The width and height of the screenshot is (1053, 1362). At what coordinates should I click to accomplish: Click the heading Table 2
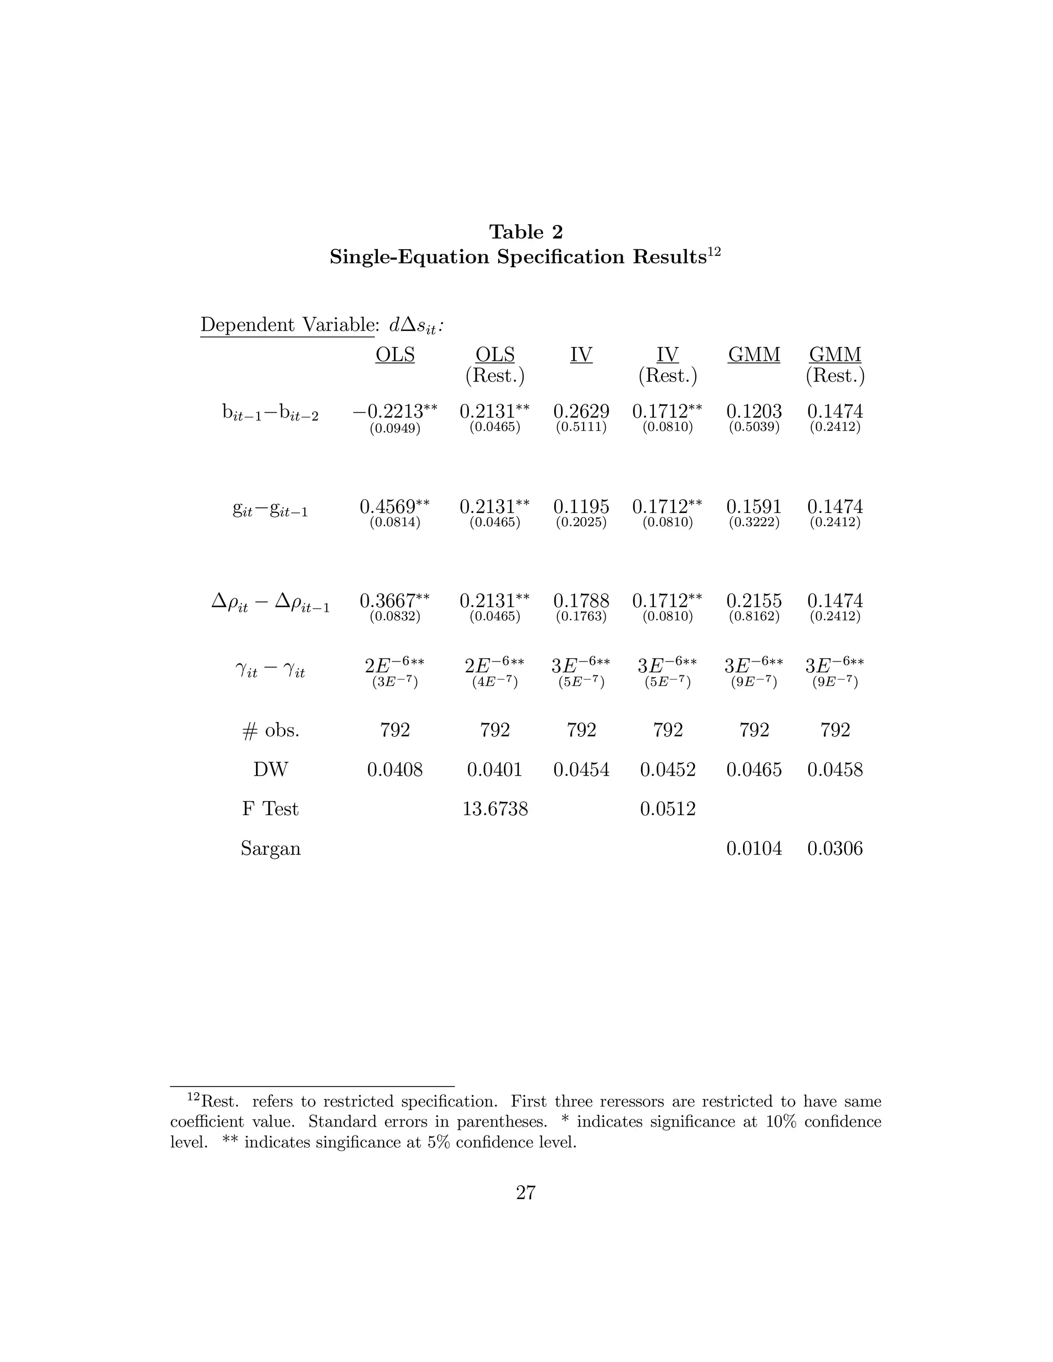pos(526,232)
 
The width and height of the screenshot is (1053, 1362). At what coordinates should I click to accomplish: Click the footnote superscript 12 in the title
pos(714,252)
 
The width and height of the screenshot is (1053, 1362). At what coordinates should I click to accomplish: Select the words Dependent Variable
pos(286,325)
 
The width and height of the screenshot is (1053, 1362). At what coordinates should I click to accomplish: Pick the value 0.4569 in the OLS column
pos(387,506)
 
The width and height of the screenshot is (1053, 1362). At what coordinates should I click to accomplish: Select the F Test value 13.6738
pos(495,809)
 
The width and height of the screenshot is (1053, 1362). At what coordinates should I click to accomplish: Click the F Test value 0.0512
pos(667,809)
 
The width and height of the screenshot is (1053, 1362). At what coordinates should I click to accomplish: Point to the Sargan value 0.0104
pos(754,849)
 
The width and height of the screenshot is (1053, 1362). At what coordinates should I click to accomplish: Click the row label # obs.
pos(270,730)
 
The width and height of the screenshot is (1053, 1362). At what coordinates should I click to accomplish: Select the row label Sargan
pos(270,849)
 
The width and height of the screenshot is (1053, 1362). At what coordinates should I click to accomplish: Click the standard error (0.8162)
pos(754,617)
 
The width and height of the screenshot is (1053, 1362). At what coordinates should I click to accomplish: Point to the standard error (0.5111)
pos(581,428)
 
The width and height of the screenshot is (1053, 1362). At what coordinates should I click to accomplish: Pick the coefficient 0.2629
pos(581,412)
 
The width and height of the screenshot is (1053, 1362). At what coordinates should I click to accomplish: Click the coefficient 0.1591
pos(754,506)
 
